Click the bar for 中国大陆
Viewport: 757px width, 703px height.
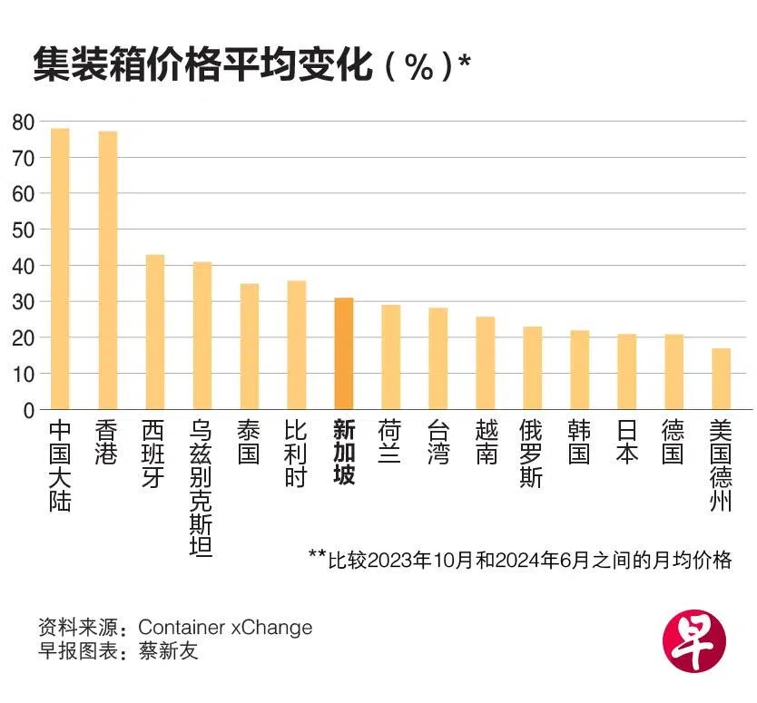click(60, 269)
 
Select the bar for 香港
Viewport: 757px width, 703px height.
click(108, 270)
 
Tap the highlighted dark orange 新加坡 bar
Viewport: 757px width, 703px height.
click(344, 354)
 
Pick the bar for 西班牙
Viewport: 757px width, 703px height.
click(155, 332)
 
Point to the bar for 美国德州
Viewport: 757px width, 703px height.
click(721, 379)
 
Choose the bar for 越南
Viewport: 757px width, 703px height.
click(486, 363)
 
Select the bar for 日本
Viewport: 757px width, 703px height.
click(626, 372)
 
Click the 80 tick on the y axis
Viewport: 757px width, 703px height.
click(24, 122)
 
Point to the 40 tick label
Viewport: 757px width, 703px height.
click(24, 266)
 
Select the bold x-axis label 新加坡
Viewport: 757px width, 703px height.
click(344, 453)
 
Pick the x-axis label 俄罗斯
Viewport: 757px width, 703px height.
click(532, 453)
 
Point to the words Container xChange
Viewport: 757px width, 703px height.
click(225, 627)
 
